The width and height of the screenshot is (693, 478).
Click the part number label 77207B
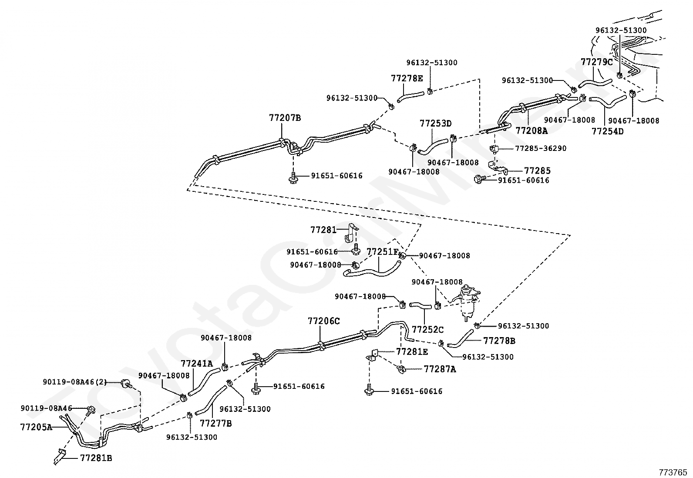click(x=285, y=118)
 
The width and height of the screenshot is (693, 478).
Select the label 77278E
click(x=407, y=78)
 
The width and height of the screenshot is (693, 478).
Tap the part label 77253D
click(x=436, y=124)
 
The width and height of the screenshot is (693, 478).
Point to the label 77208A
click(x=532, y=131)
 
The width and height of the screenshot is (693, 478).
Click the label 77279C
click(x=597, y=62)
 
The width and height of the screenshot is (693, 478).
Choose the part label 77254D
click(x=608, y=131)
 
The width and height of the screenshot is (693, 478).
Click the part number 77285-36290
click(x=541, y=148)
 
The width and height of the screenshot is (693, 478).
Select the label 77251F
click(x=383, y=252)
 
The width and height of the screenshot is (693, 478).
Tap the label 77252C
click(x=428, y=330)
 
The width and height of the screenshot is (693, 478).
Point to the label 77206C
click(x=323, y=321)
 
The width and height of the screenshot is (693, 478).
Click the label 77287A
click(x=440, y=369)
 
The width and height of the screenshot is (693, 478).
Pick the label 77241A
click(x=197, y=364)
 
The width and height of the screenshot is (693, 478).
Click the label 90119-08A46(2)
click(x=74, y=382)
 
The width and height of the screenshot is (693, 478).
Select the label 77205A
click(x=36, y=427)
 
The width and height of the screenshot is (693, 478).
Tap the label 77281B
click(x=96, y=458)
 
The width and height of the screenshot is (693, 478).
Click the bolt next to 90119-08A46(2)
click(x=127, y=384)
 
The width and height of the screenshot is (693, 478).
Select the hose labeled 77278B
click(x=461, y=338)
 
